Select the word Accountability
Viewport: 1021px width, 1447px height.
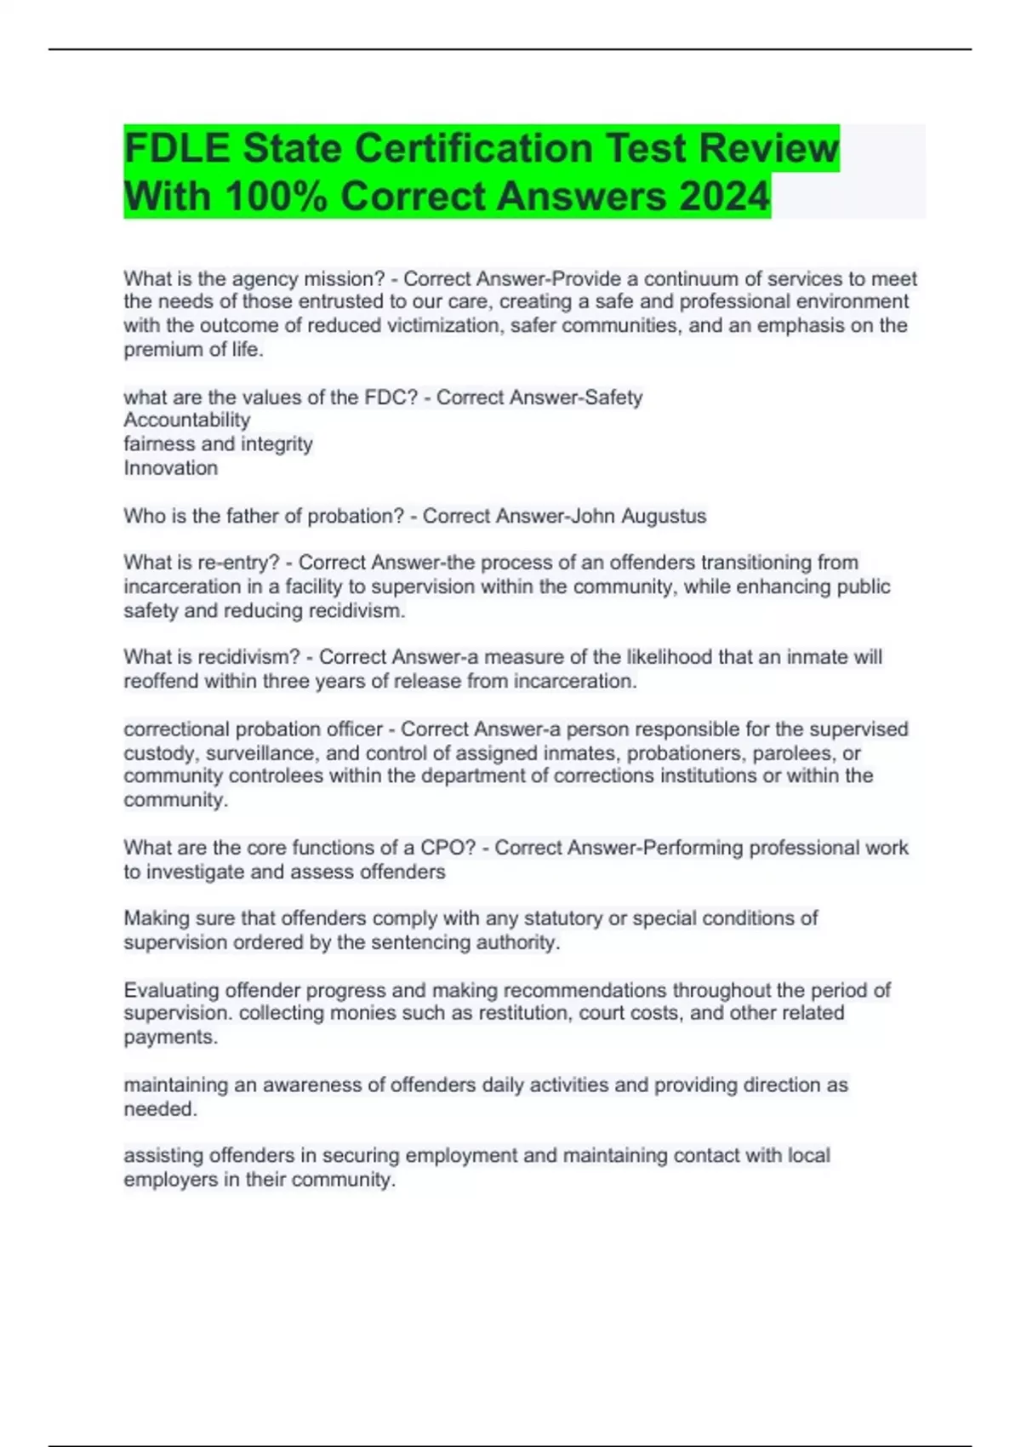click(x=187, y=420)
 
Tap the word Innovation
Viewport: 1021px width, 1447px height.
click(x=171, y=467)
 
